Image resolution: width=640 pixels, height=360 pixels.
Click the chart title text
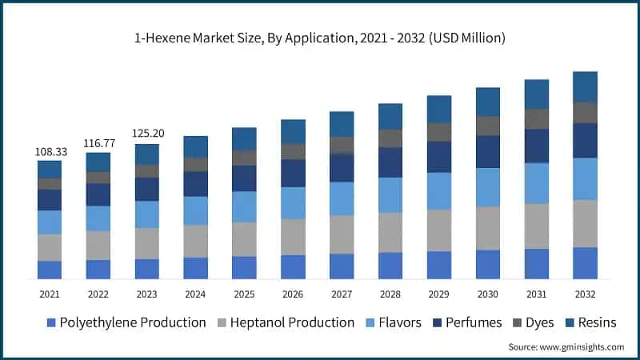click(x=320, y=38)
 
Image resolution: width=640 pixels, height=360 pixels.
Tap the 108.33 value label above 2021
click(x=50, y=151)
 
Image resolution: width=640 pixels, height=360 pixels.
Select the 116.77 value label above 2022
click(x=98, y=143)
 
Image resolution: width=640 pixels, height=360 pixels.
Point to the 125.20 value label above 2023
click(x=147, y=134)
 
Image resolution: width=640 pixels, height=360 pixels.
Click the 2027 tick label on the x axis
click(x=342, y=294)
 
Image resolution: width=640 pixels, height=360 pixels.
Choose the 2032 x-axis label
click(x=586, y=294)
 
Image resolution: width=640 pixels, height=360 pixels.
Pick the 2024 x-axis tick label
click(x=195, y=294)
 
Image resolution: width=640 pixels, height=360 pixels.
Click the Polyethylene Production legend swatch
click(x=52, y=323)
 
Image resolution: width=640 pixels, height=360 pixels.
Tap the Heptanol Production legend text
click(x=292, y=323)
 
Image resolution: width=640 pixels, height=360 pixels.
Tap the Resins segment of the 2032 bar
click(x=586, y=86)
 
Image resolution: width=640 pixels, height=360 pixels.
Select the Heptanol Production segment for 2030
click(x=488, y=228)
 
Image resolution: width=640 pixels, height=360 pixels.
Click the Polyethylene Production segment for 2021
click(x=50, y=270)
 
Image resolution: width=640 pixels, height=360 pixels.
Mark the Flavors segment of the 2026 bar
click(x=293, y=203)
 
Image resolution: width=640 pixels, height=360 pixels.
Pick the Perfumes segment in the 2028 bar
click(x=390, y=162)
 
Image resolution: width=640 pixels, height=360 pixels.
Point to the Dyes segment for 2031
click(x=537, y=118)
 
